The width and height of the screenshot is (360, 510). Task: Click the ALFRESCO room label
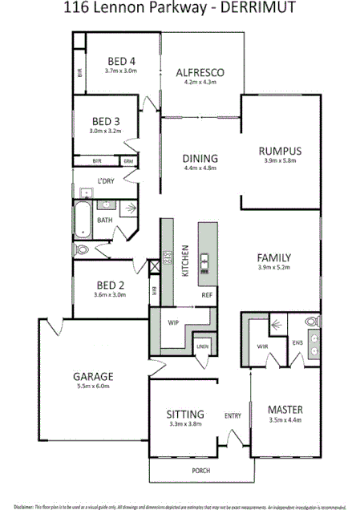tap(200, 73)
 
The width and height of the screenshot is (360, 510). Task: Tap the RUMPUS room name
tap(279, 150)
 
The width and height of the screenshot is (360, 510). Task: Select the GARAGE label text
tap(93, 375)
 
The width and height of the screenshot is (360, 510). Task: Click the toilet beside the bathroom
tap(82, 250)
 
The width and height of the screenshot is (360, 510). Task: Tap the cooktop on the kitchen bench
tap(168, 259)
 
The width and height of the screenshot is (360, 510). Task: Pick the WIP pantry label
tap(172, 323)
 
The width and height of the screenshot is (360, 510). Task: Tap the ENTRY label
tap(233, 415)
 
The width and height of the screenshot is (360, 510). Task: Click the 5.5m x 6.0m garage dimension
tap(93, 387)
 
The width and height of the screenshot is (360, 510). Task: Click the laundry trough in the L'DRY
tap(85, 193)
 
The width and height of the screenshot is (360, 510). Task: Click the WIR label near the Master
tap(261, 346)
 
